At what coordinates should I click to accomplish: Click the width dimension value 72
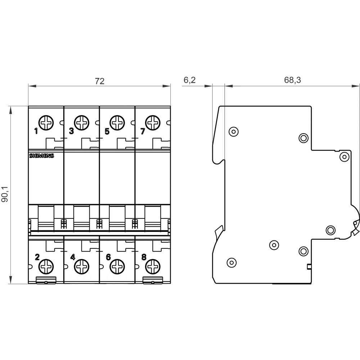coord(99,81)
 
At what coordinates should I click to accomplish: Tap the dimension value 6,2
coord(189,80)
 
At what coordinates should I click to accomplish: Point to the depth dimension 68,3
coord(292,80)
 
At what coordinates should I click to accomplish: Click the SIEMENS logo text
coord(41,156)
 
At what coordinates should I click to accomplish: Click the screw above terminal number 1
coord(46,122)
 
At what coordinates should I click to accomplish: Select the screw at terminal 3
coord(82,122)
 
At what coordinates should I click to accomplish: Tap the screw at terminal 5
coord(117,122)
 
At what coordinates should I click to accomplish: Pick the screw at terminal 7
coord(153,122)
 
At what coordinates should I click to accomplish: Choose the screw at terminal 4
coord(82,267)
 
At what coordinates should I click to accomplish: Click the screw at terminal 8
coord(153,267)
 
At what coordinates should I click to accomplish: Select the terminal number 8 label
coord(144,257)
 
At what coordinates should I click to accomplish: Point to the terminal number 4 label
coord(73,257)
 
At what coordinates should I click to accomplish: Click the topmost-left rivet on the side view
coord(233,131)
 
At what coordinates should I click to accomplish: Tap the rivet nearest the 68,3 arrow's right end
coord(345,157)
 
